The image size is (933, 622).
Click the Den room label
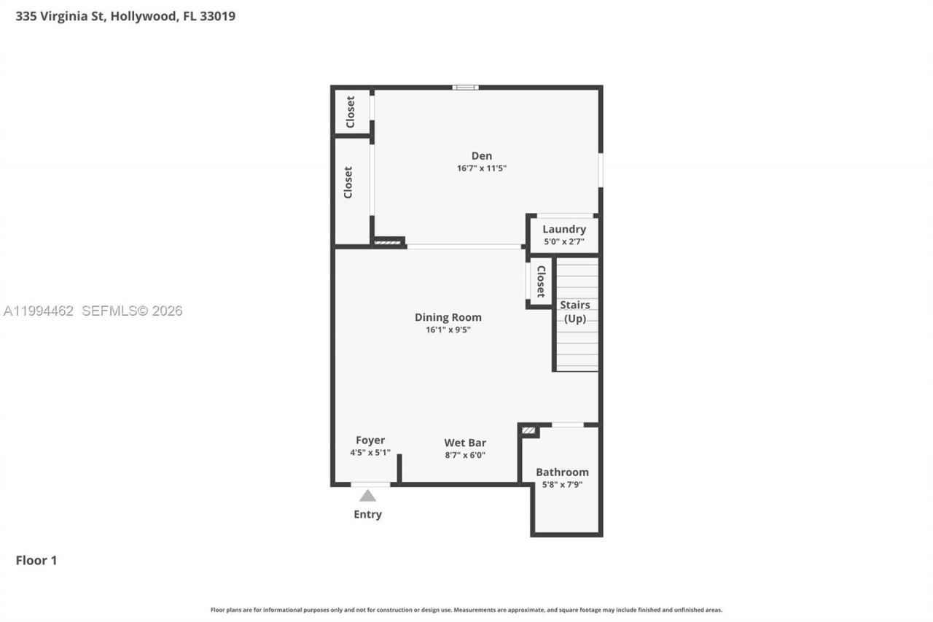pos(481,155)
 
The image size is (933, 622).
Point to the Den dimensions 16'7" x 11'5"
pos(481,168)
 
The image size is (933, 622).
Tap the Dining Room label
pos(448,317)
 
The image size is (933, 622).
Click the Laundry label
pos(563,229)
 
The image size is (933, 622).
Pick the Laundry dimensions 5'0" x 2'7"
pos(563,241)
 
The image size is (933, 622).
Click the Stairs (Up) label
pos(575,311)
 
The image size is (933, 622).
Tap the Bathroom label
pos(562,472)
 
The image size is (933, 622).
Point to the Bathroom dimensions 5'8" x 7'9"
pos(562,484)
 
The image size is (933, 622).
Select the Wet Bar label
pos(465,443)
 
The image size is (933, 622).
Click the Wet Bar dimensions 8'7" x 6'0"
pos(465,455)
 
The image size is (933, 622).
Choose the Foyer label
pos(370,440)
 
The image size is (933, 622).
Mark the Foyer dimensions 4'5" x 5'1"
pos(370,452)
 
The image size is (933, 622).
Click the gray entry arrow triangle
pos(367,496)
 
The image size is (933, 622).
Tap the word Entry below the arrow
pos(367,514)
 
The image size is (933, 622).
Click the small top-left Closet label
pos(351,112)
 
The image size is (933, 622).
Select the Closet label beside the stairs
pos(541,281)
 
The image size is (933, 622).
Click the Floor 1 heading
pos(36,560)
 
